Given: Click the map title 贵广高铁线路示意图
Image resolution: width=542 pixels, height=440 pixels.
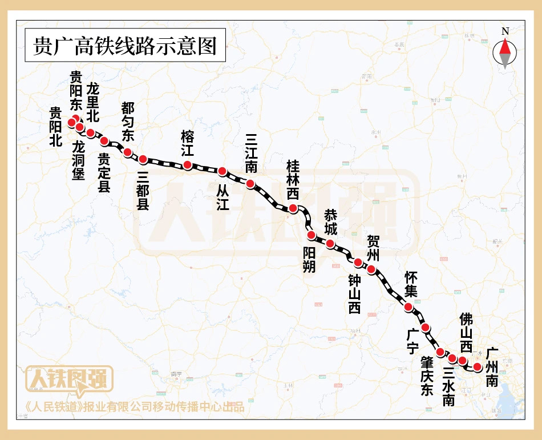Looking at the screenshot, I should pyautogui.click(x=126, y=46).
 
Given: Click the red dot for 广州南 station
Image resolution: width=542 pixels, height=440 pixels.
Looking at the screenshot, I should pyautogui.click(x=478, y=366).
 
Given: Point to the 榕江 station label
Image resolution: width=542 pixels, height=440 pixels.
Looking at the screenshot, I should pyautogui.click(x=187, y=143).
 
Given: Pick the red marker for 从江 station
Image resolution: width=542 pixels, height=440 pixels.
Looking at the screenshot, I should pyautogui.click(x=223, y=171).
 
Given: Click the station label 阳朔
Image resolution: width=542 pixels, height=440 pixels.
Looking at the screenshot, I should pyautogui.click(x=309, y=259).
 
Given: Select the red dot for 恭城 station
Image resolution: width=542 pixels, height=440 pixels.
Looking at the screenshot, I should pyautogui.click(x=330, y=244).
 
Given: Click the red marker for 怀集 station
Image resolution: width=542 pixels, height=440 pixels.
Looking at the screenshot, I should pyautogui.click(x=408, y=307).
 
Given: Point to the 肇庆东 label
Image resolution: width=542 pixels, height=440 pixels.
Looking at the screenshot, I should pyautogui.click(x=427, y=376).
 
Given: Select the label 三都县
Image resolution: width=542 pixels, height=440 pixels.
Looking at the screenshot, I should pyautogui.click(x=143, y=190).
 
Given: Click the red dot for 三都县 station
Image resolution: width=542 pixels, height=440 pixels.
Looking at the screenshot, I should pyautogui.click(x=143, y=159).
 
